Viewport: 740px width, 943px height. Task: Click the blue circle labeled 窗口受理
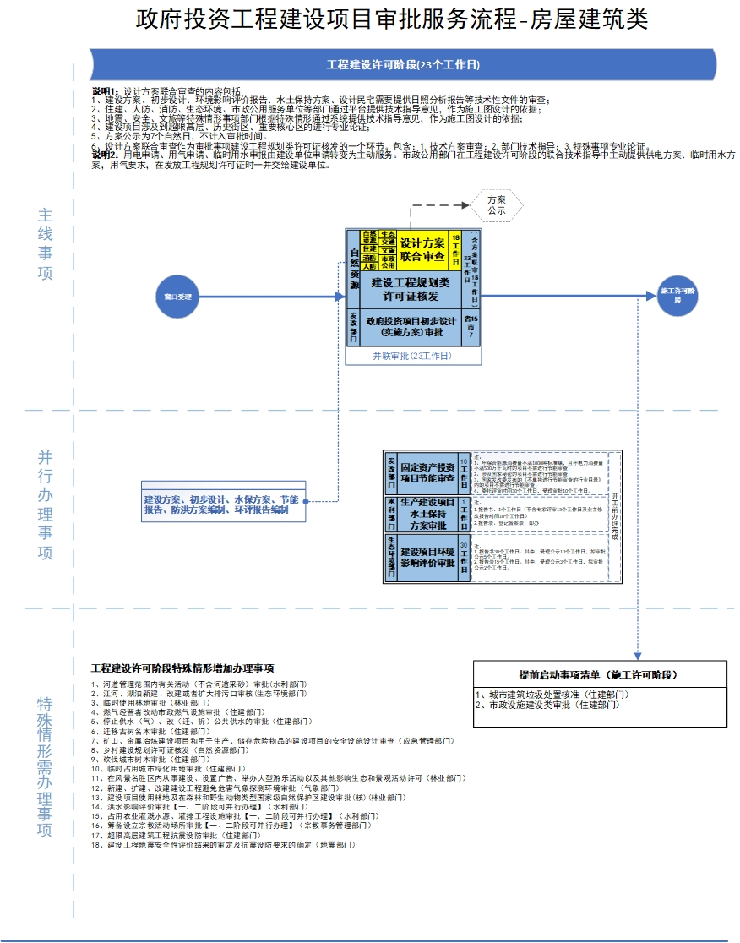point(177,297)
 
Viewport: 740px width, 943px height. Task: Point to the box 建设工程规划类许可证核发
point(411,289)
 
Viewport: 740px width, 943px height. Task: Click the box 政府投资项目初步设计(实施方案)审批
point(411,327)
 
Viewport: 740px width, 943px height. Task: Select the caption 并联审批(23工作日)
point(412,357)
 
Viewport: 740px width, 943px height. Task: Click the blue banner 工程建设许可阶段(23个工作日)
point(404,64)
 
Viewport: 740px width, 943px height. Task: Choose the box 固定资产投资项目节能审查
point(427,473)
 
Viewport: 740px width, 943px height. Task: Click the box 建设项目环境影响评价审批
point(427,557)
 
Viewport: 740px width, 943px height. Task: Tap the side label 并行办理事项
point(46,505)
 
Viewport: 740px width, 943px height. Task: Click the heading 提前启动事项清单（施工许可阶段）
point(598,675)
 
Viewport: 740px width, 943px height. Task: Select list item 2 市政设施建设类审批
point(550,705)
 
